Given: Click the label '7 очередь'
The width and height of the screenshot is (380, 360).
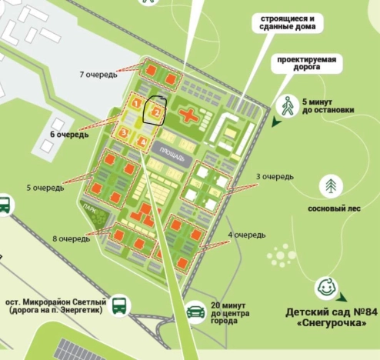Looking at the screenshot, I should [x=98, y=75].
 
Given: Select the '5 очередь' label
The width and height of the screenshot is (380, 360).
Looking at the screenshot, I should [x=45, y=187].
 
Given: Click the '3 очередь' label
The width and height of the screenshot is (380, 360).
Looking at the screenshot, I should [x=275, y=177].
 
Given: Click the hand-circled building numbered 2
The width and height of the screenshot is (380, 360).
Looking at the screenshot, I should [x=155, y=113].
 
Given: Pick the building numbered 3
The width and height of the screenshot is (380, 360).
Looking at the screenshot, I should [x=123, y=132].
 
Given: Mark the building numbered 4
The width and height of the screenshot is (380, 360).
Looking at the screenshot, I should [x=142, y=141].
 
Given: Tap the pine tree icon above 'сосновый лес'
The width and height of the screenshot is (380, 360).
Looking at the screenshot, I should [x=331, y=185].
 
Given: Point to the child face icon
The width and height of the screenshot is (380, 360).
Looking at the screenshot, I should [x=325, y=289].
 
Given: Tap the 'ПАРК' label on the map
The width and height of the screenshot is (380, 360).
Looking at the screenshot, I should [x=90, y=207].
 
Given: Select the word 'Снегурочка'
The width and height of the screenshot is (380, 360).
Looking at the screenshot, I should [x=332, y=325].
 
